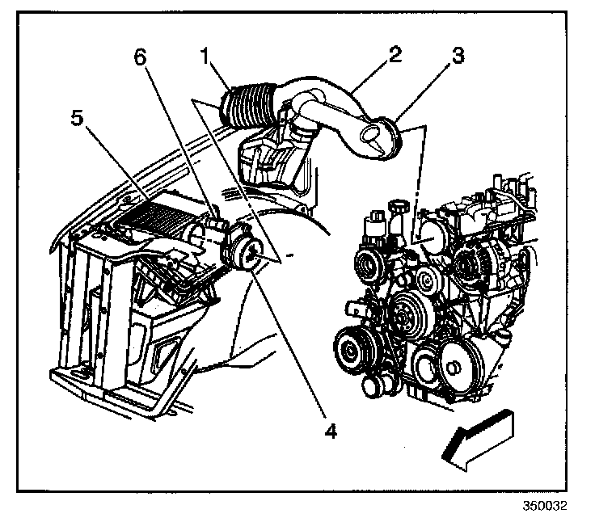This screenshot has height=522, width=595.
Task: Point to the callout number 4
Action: pyautogui.click(x=328, y=431)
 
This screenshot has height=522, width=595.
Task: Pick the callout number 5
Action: pyautogui.click(x=78, y=118)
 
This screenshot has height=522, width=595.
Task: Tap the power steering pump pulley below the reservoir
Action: pyautogui.click(x=372, y=263)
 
